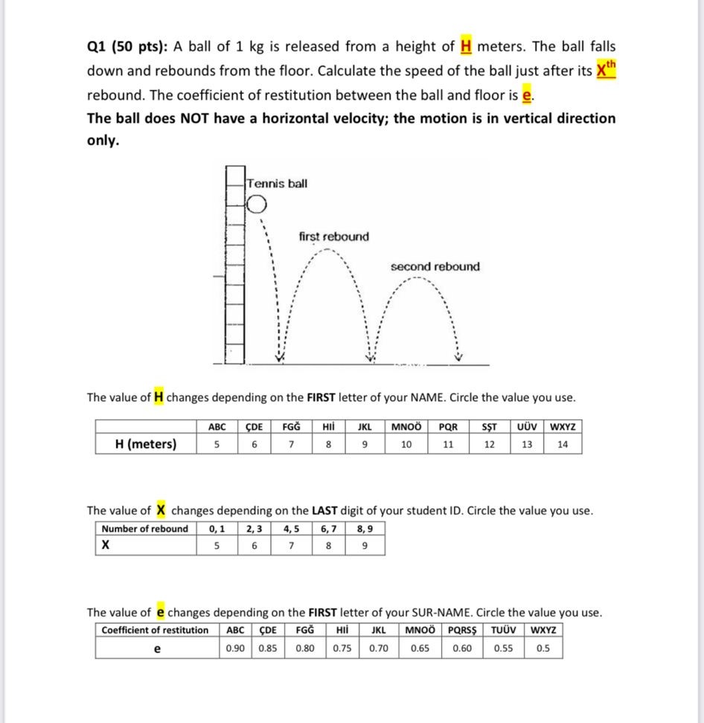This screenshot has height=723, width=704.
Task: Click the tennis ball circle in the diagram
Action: click(255, 204)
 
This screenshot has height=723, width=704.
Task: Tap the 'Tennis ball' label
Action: click(278, 184)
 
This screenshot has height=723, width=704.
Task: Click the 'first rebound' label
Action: click(333, 237)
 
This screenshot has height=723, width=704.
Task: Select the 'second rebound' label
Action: click(435, 266)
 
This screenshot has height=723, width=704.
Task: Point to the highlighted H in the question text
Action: click(466, 47)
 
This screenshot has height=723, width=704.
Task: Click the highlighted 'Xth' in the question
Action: click(607, 71)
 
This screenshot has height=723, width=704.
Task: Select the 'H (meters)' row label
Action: click(146, 445)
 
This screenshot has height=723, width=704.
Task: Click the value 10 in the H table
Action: click(406, 445)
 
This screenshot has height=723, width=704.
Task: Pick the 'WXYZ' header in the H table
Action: click(563, 427)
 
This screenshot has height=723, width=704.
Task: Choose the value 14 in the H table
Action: click(563, 445)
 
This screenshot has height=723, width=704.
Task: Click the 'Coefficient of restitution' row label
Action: click(155, 631)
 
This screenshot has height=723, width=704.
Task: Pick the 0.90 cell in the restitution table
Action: click(236, 649)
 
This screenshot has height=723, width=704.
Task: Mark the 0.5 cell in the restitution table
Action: click(543, 649)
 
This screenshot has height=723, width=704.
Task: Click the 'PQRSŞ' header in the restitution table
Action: click(464, 631)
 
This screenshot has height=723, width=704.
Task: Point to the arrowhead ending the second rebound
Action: click(460, 356)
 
